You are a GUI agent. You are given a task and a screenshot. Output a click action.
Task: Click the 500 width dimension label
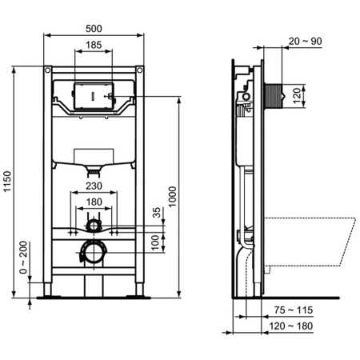(94, 28)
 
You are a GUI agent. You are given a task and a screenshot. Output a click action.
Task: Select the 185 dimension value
(94, 46)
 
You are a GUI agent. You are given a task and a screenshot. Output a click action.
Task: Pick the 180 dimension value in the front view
(94, 202)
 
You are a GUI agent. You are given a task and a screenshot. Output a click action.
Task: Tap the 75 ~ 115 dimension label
(290, 310)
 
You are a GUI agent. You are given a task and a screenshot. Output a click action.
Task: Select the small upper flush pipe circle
(94, 225)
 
